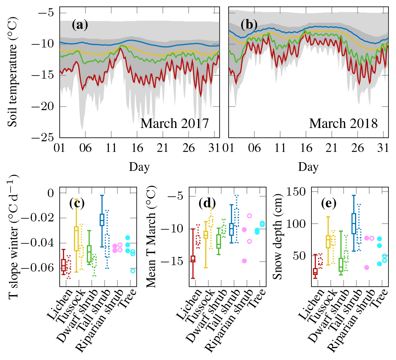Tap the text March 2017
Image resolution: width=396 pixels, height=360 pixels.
click(175, 124)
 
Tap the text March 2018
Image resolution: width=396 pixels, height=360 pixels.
click(343, 124)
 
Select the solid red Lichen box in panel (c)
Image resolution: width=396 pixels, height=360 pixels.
click(63, 265)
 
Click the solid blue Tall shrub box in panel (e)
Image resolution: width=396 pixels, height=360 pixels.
click(354, 223)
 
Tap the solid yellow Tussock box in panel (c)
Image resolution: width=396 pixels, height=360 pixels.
click(76, 242)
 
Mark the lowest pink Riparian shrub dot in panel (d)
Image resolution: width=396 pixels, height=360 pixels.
click(245, 261)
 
